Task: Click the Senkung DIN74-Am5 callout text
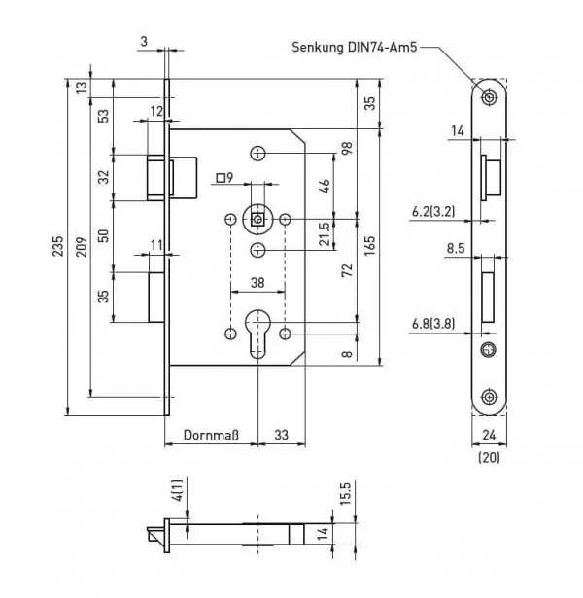(355, 48)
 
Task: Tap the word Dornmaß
(211, 435)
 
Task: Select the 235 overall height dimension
(58, 246)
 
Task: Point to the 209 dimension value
(82, 246)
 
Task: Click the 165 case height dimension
(369, 246)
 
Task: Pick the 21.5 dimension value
(324, 233)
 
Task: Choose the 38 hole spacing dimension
(257, 283)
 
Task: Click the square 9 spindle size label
(224, 178)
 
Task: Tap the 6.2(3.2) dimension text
(433, 211)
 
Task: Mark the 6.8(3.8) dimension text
(433, 324)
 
